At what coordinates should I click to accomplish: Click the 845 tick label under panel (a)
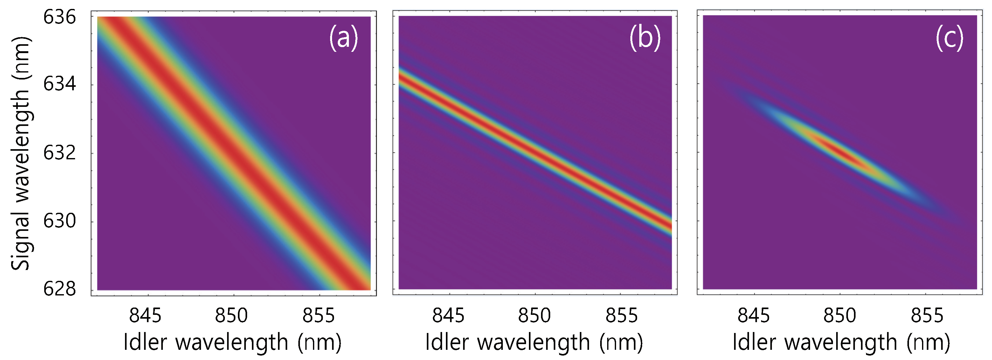[145, 316]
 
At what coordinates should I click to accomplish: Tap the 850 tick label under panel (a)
[231, 316]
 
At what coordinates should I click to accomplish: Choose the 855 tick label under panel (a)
[318, 316]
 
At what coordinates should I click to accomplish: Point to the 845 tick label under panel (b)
[448, 316]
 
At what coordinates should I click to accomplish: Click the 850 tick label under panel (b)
[535, 316]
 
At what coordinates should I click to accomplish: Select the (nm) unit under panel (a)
[319, 342]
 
